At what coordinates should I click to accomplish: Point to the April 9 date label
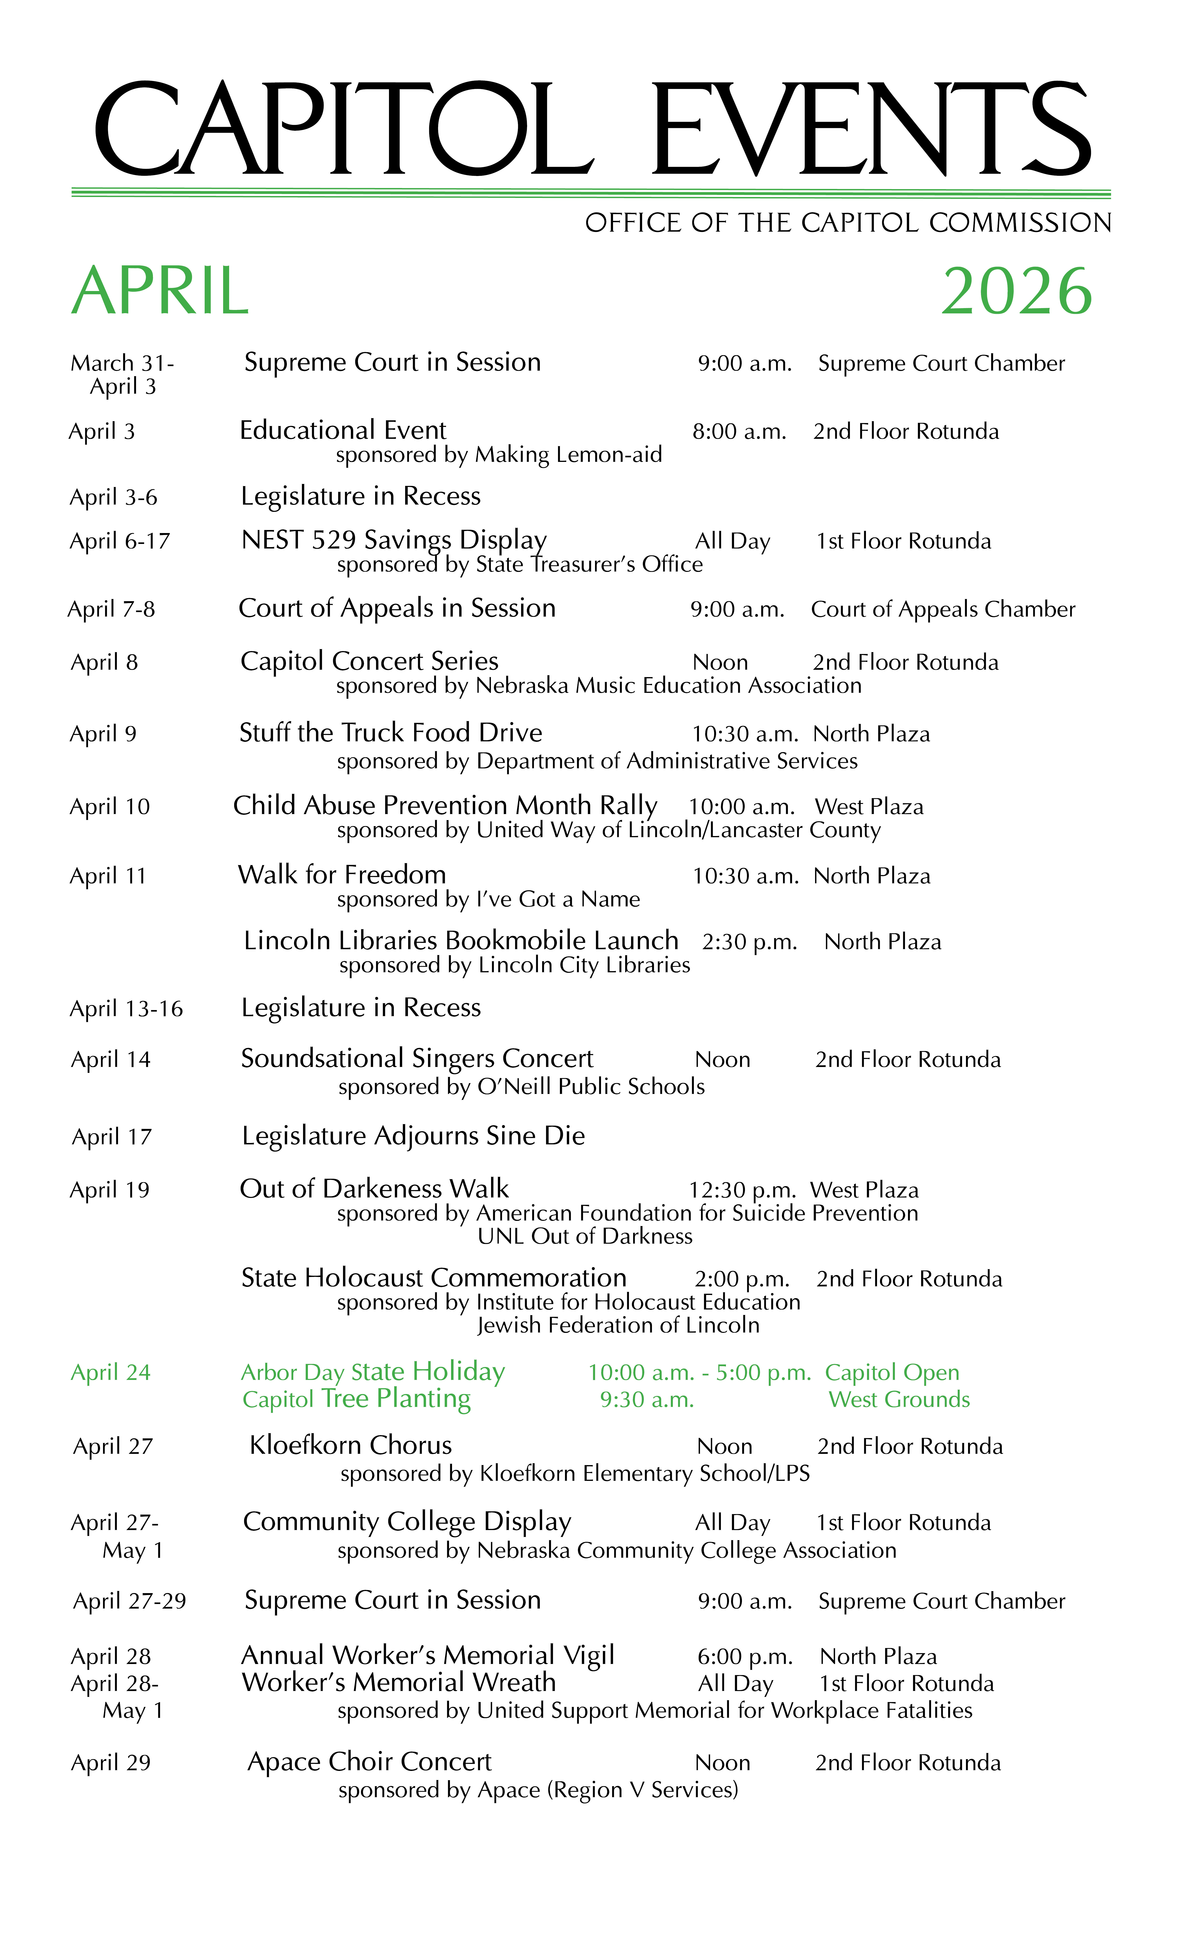(x=103, y=734)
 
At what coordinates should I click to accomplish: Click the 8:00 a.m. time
(x=739, y=431)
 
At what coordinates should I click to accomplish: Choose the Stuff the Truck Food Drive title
(x=391, y=733)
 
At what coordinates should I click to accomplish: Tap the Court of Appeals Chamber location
(x=943, y=609)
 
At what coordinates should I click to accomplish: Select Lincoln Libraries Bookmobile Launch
(x=461, y=941)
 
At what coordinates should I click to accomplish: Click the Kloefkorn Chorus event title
(x=350, y=1446)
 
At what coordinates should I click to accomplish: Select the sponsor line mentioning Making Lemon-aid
(x=498, y=455)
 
